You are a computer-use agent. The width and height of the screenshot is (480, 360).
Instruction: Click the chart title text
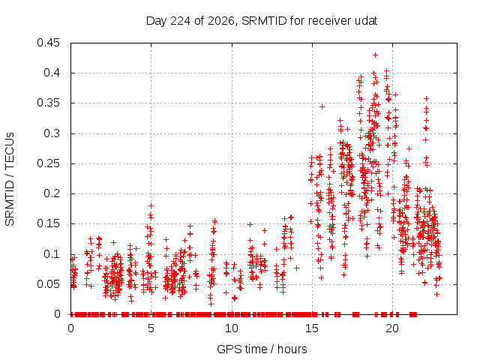(262, 21)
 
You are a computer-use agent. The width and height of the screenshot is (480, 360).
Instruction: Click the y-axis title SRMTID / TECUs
(10, 179)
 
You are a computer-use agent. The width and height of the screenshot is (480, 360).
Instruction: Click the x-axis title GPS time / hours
(262, 349)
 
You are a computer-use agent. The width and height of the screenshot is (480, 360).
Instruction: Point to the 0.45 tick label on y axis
(48, 43)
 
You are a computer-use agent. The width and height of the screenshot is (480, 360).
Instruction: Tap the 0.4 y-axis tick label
(52, 73)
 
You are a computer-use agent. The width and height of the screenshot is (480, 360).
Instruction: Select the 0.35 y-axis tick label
(48, 103)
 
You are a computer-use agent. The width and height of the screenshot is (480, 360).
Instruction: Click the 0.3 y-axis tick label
(52, 133)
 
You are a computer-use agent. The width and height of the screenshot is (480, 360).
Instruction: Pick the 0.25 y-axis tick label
(48, 163)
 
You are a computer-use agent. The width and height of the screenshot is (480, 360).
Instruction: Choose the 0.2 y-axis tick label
(52, 193)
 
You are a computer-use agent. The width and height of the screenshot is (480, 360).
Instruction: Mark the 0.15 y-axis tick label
(48, 223)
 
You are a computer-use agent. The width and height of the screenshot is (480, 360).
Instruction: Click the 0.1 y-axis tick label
(52, 254)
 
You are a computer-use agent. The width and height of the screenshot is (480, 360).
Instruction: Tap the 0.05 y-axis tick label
(48, 284)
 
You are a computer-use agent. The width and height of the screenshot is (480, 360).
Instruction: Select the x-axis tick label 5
(151, 328)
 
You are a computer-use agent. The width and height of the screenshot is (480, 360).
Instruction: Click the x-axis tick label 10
(232, 328)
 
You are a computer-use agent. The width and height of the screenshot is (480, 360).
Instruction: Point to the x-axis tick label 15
(312, 328)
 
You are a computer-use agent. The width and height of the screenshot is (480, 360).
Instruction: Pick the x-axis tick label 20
(392, 328)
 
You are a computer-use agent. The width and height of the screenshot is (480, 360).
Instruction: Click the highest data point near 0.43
(375, 55)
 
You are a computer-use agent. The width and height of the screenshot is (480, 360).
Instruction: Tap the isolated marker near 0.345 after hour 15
(322, 106)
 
